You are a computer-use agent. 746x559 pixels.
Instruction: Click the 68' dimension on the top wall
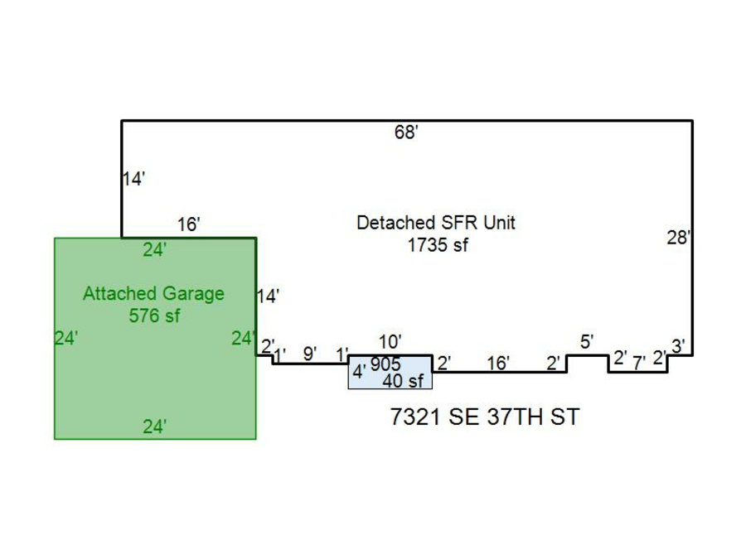(406, 133)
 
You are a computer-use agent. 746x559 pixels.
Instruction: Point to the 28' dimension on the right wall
(678, 237)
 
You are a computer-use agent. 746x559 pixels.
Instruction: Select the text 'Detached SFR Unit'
(436, 223)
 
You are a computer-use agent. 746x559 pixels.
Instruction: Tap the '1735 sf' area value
(438, 245)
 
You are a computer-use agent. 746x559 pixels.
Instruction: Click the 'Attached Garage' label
(153, 293)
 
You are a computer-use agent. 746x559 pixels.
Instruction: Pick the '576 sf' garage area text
(154, 316)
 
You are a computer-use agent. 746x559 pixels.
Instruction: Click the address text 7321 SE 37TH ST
(485, 417)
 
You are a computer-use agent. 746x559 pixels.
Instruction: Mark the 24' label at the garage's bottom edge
(155, 426)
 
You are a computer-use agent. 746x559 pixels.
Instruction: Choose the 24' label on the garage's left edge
(66, 338)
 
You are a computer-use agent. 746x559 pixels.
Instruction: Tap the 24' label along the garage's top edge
(155, 249)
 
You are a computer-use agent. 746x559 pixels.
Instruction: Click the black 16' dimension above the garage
(188, 224)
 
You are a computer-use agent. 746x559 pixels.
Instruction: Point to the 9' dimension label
(310, 354)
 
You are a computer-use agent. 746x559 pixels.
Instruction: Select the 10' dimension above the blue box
(390, 342)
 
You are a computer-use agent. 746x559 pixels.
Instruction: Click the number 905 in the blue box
(385, 364)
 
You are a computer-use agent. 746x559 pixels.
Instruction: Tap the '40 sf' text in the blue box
(403, 381)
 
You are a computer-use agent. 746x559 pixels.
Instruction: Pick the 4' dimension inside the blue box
(359, 371)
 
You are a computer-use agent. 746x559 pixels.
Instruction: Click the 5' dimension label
(586, 342)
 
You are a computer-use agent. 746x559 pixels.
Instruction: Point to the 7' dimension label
(639, 364)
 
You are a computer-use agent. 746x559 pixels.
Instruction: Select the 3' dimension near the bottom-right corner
(678, 346)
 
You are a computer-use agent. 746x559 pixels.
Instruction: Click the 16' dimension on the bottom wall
(498, 364)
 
